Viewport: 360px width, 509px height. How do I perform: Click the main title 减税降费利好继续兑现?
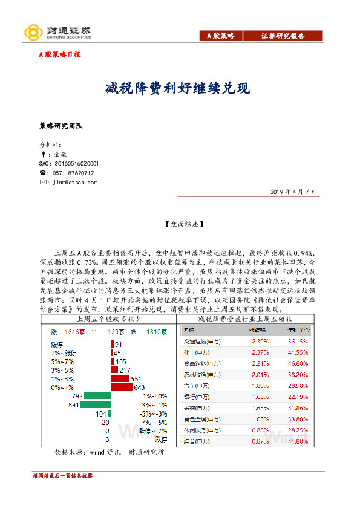(177, 88)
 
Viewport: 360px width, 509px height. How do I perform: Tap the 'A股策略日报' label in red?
(59, 54)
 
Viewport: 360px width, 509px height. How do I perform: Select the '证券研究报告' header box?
(283, 36)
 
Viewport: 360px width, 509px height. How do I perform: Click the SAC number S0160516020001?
(69, 164)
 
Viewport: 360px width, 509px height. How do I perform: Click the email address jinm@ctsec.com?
(75, 182)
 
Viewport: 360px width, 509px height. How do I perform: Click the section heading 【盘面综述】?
(180, 224)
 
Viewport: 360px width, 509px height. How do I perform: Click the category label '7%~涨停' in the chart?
(64, 352)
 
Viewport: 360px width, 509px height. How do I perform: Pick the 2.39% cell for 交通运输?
(258, 340)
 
